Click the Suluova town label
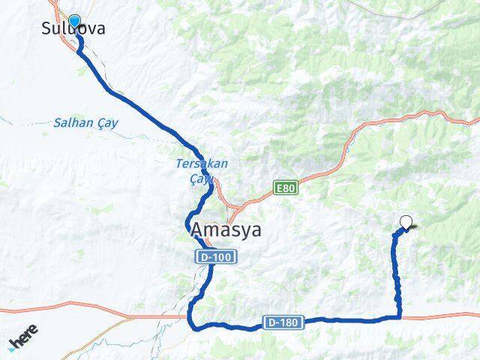[73, 30]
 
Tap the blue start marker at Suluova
[74, 21]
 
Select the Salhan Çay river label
[85, 123]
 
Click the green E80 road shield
[286, 187]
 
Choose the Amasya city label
[226, 229]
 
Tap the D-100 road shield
[217, 257]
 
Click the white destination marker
[406, 222]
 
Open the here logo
[23, 340]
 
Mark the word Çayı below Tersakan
[201, 177]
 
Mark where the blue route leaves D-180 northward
[399, 316]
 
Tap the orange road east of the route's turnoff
[442, 316]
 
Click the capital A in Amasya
[197, 229]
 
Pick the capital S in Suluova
[47, 30]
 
